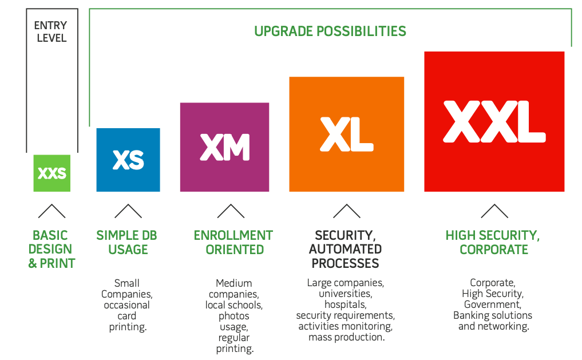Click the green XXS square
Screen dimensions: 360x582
[52, 173]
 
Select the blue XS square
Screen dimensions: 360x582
[128, 160]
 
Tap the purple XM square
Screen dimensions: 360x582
[224, 147]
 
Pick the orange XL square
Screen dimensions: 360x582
[346, 134]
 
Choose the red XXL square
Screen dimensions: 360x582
[494, 121]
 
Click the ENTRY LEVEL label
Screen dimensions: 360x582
[52, 32]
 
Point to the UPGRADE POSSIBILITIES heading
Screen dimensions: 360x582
[330, 31]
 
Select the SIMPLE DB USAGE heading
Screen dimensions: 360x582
[126, 242]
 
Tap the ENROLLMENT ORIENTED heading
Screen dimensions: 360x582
[233, 242]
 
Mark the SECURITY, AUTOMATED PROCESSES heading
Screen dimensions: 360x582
[345, 249]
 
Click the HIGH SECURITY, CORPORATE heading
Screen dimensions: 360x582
[493, 242]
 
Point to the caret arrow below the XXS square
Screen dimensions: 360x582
[52, 211]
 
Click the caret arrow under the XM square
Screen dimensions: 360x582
[231, 211]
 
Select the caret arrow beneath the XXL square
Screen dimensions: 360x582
[494, 211]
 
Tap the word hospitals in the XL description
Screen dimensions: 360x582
[345, 304]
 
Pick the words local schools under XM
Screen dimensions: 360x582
[234, 305]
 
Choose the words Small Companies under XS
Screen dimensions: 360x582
[127, 288]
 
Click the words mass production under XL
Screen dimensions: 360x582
[346, 337]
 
